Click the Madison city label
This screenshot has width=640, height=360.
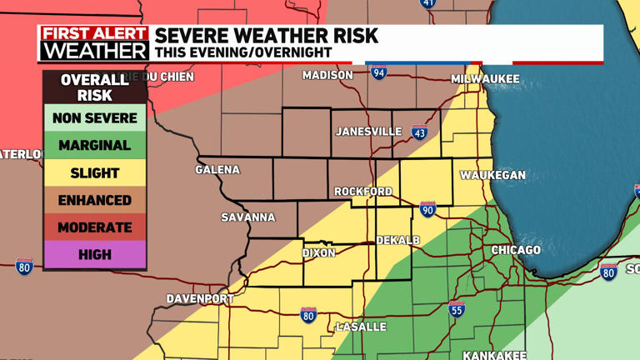327,75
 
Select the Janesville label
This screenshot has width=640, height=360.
368,132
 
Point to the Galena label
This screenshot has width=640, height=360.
217,170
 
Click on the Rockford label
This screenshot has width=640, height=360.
362,192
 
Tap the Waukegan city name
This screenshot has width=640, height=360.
492,175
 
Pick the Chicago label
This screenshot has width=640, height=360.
515,250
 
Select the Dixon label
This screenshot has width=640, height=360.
318,252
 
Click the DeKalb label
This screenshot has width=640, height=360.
397,241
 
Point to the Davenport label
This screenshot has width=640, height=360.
200,298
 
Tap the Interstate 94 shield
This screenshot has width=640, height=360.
379,72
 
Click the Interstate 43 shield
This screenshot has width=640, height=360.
419,132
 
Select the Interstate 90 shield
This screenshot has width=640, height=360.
427,209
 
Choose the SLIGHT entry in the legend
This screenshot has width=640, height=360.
94,173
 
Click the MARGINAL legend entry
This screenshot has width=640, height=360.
94,146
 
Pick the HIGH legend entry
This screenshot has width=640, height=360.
94,255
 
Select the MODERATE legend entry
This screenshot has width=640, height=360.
94,227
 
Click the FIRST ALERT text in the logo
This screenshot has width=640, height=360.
94,34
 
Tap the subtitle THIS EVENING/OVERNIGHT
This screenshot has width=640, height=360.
243,52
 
